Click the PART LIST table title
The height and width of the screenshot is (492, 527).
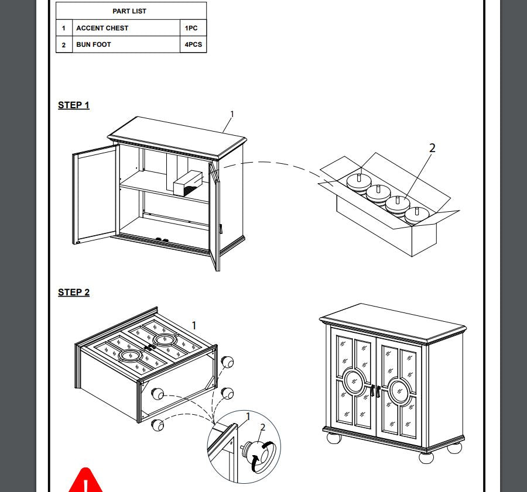tap(129, 11)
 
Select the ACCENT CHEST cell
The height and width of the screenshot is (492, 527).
tap(126, 28)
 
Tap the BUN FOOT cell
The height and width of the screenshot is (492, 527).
tap(126, 44)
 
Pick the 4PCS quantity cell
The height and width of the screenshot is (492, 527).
tap(193, 44)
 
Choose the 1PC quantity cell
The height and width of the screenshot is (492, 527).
tap(193, 28)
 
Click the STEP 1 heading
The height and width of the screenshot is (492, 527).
tap(74, 105)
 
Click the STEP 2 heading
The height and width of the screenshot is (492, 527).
tap(74, 292)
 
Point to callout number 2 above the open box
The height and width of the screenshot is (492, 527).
tap(432, 148)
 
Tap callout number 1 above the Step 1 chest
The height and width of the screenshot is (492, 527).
tap(232, 114)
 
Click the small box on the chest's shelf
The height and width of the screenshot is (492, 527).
tap(188, 184)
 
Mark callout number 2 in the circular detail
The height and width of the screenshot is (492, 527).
tap(263, 427)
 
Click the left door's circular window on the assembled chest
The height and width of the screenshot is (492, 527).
tap(354, 381)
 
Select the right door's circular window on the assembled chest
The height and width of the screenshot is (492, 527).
tap(400, 391)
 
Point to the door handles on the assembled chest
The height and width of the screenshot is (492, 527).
tap(376, 391)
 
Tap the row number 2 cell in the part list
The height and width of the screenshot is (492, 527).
tap(64, 44)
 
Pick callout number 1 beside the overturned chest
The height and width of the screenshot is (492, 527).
tap(194, 325)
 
